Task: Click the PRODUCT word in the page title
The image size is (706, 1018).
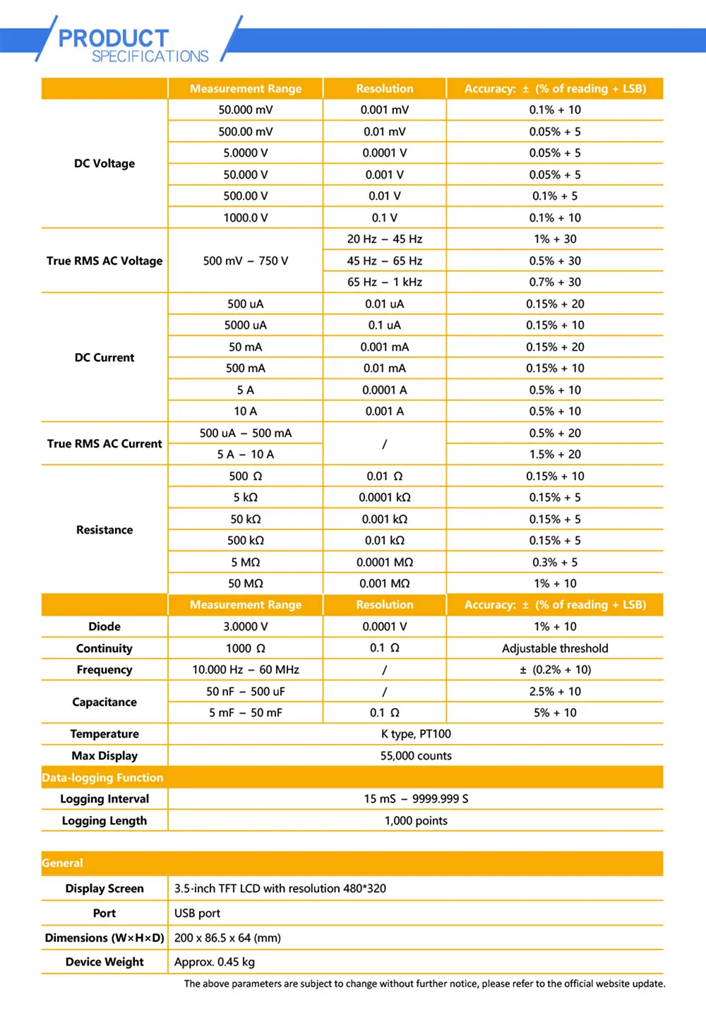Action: click(x=113, y=37)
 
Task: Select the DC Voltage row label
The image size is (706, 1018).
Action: click(x=104, y=163)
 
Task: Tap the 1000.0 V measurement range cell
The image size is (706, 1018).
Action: click(x=245, y=217)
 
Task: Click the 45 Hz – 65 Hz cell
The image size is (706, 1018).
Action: click(x=384, y=261)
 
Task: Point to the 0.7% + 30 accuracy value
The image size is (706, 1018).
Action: click(x=555, y=282)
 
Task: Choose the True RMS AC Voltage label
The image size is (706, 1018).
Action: click(x=104, y=261)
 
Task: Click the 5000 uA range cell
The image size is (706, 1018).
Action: click(x=245, y=325)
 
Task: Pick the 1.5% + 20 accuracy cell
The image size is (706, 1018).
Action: click(x=555, y=454)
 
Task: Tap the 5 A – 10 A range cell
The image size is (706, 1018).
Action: click(x=245, y=454)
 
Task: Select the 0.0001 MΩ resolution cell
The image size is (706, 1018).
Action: click(x=384, y=562)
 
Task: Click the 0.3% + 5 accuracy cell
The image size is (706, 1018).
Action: click(x=555, y=562)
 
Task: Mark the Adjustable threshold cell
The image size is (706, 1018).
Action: click(x=555, y=648)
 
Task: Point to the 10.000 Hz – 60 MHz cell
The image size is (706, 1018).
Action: click(x=245, y=669)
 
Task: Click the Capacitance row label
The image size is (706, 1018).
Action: click(x=104, y=702)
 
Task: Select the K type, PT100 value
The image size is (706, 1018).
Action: click(x=416, y=733)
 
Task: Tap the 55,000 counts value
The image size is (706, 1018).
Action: click(x=416, y=755)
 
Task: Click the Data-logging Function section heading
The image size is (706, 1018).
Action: click(x=102, y=777)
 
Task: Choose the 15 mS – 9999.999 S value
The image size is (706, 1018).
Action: click(x=416, y=798)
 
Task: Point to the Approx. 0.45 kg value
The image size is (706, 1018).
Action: click(x=215, y=962)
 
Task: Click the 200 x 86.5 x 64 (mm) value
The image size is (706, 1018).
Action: click(x=227, y=938)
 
